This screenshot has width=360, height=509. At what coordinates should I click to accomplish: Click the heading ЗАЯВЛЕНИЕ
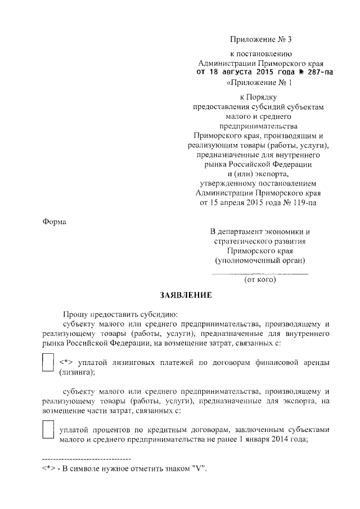(x=186, y=295)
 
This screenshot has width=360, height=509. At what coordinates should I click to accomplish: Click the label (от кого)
(x=259, y=279)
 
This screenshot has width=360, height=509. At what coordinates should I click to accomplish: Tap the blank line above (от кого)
(x=259, y=273)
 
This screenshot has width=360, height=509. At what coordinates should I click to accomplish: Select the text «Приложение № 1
(x=259, y=83)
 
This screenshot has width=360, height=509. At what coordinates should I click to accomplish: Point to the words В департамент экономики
(x=259, y=232)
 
